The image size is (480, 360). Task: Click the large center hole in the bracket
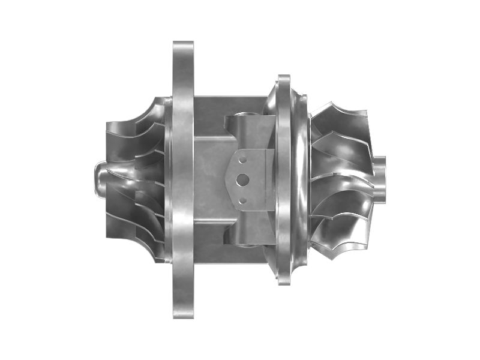point(244,179)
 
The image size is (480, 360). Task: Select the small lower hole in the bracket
point(242,200)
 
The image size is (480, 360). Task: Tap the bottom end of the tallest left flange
point(183,314)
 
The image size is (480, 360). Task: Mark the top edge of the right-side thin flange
point(284,78)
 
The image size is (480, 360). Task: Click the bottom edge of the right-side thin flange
point(284,281)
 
